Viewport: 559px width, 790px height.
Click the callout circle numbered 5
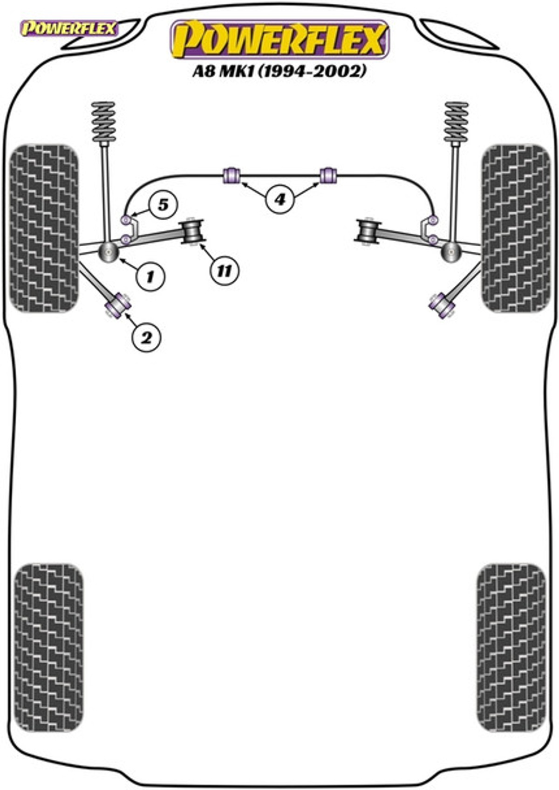pos(163,205)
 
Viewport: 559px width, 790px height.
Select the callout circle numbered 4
pos(279,200)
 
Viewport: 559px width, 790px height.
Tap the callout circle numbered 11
pos(225,270)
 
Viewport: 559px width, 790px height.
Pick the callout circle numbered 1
pos(150,276)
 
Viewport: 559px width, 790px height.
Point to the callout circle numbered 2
pos(146,338)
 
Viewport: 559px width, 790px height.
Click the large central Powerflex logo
pos(280,40)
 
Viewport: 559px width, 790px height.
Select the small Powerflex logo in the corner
pos(69,28)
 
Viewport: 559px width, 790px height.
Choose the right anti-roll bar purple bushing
pos(328,175)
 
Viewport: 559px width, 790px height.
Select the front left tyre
pos(44,229)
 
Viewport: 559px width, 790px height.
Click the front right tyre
pos(516,229)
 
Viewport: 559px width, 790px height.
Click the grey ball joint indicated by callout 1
pos(109,251)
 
